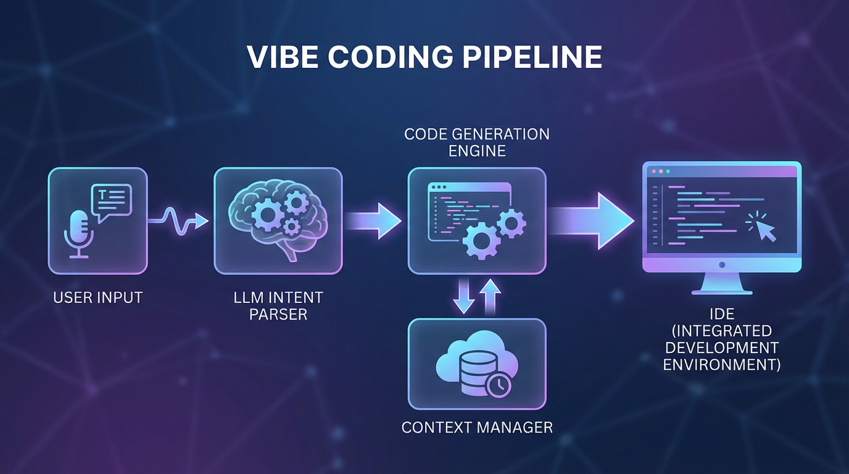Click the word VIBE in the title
(283, 57)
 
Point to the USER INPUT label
(97, 297)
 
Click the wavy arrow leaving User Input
(179, 220)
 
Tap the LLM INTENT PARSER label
(278, 306)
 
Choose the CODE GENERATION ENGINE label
(476, 142)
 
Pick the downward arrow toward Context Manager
(463, 296)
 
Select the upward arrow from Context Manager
(491, 296)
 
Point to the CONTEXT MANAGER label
(477, 427)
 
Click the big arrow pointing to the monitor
(592, 221)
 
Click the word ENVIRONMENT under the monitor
(722, 365)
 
